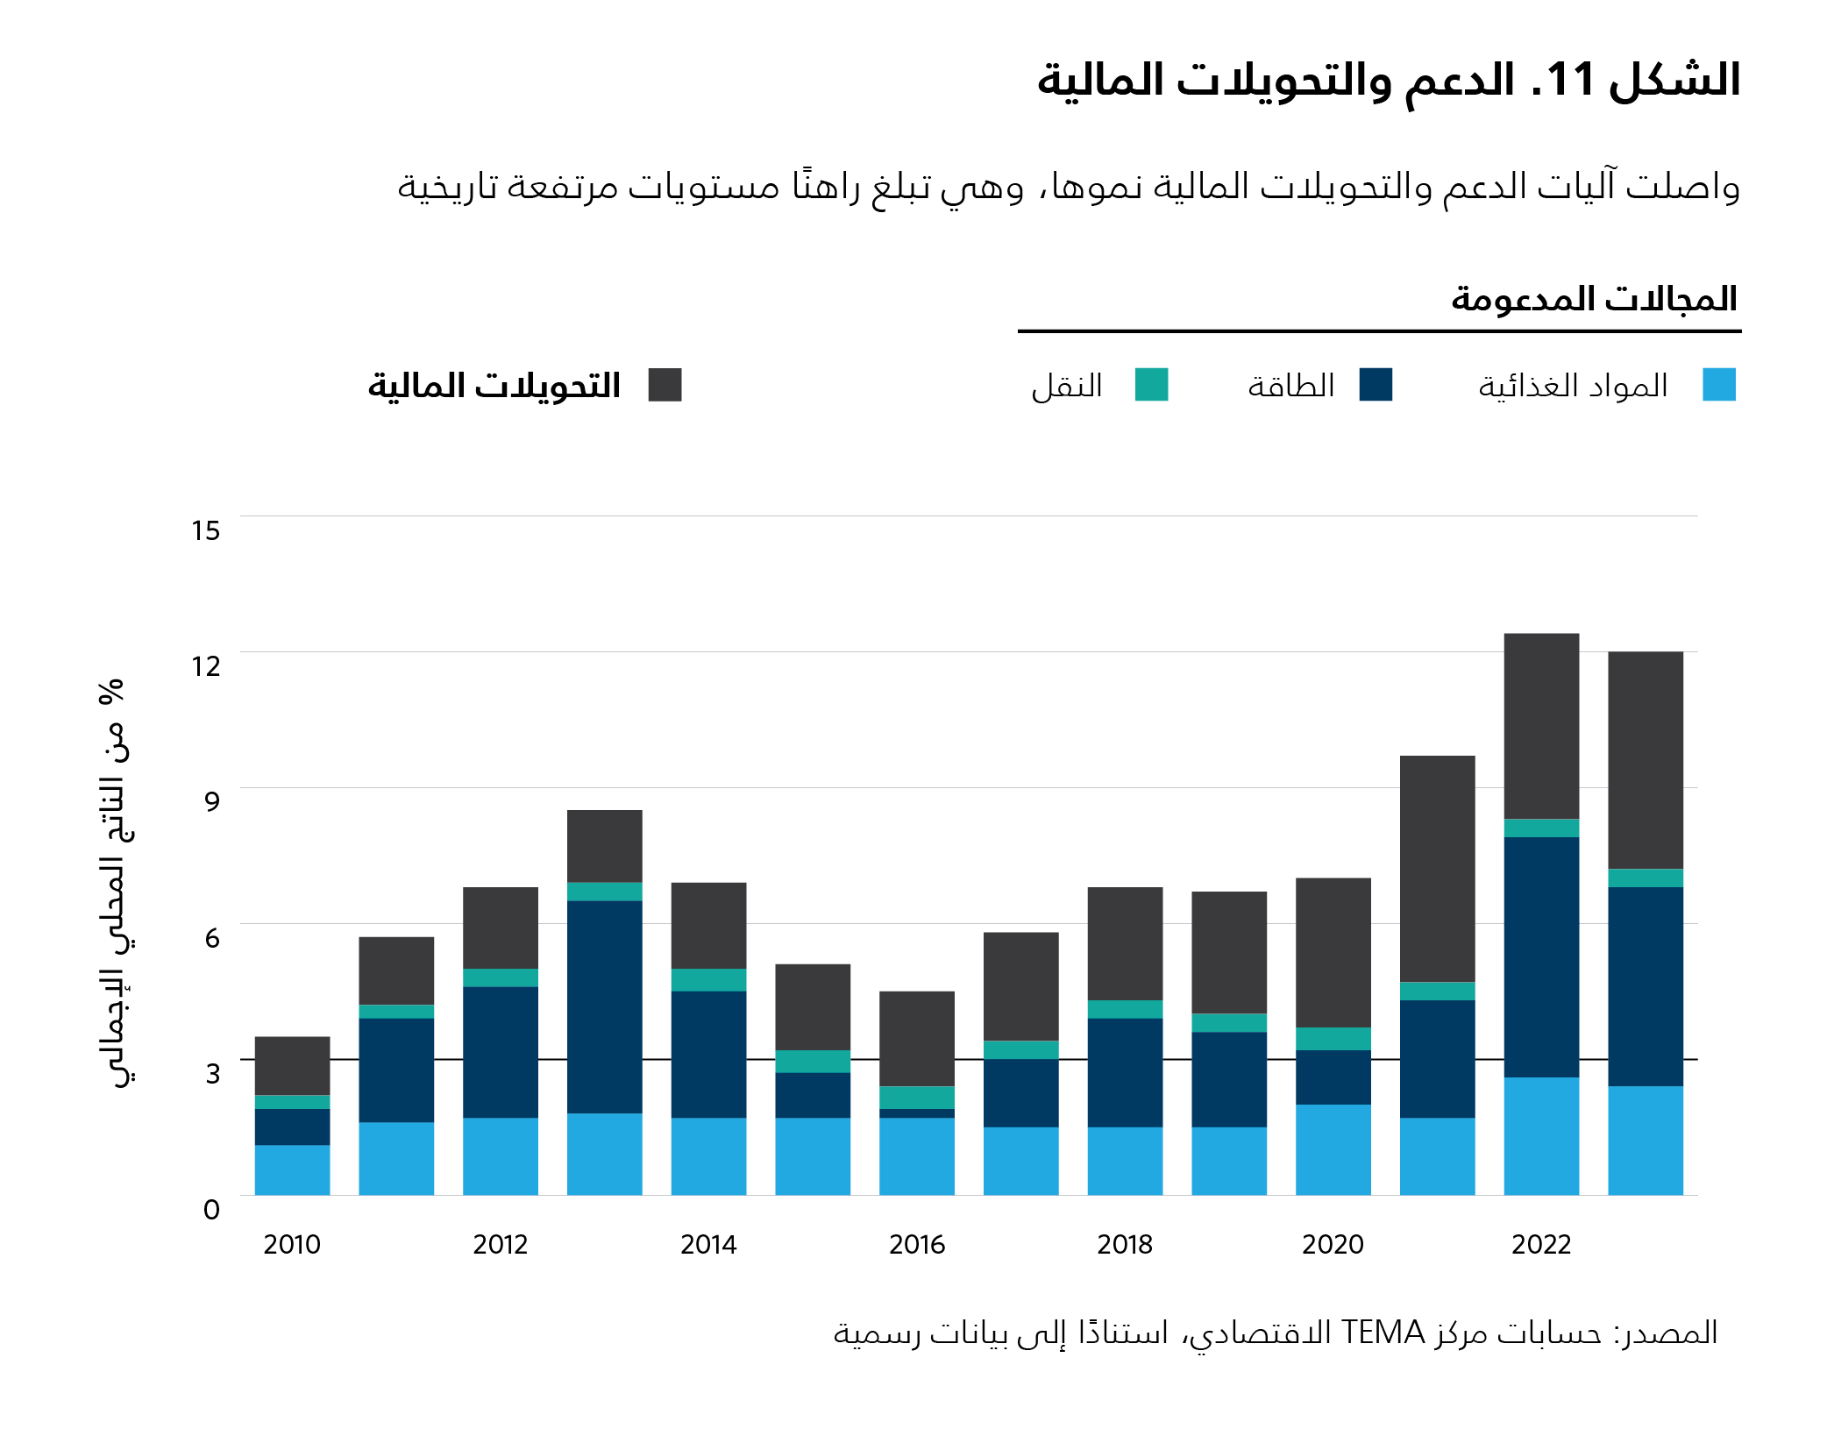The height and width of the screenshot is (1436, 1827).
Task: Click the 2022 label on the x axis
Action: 1540,1244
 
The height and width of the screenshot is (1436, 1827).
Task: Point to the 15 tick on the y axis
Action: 206,530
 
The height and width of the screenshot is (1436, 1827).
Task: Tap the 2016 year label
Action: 916,1244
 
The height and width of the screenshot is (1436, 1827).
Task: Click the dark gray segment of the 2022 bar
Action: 1540,726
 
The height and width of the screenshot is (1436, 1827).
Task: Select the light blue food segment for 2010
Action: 292,1169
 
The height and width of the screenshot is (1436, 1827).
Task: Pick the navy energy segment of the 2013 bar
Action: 604,1006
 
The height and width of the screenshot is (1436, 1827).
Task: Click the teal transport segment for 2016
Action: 916,1098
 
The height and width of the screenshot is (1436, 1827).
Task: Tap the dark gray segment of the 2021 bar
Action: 1437,868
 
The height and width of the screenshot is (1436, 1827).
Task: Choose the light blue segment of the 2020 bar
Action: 1333,1149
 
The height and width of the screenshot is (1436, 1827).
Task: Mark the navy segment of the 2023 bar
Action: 1645,986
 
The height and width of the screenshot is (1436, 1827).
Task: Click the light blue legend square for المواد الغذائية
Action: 1718,385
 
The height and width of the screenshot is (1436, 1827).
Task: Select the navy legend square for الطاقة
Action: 1375,385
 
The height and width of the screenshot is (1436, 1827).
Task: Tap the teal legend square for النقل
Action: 1151,385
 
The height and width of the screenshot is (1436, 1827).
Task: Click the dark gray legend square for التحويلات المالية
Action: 665,385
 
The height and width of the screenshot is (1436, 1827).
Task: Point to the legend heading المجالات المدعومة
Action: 1593,299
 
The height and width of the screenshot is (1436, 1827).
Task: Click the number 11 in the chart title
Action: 1569,80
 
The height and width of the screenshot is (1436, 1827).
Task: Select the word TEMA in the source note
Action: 1383,1333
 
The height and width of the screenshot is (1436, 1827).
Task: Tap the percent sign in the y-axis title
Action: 111,692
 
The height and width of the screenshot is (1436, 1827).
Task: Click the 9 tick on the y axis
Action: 211,801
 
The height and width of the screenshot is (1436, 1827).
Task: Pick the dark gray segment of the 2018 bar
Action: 1125,943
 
